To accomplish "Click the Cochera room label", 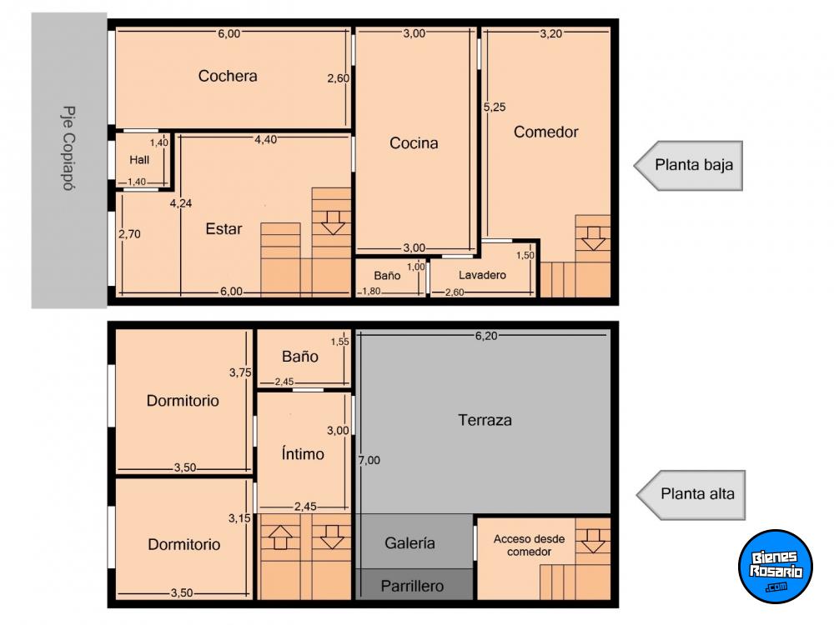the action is click(x=228, y=76).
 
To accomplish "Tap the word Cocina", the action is click(x=414, y=143).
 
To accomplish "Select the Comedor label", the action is click(x=545, y=132).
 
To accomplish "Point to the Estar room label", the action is click(x=224, y=229).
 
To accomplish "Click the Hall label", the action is click(x=139, y=159).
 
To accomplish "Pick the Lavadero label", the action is click(x=482, y=275).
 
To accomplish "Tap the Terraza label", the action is click(x=485, y=420).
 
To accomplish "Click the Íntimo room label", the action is click(x=303, y=453).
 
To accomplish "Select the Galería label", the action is click(x=410, y=542).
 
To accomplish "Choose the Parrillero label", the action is click(x=412, y=586).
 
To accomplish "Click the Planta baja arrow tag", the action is click(x=688, y=165).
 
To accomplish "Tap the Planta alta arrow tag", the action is click(x=691, y=494).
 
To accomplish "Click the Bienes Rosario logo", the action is click(x=776, y=567).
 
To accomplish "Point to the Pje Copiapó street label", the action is click(x=68, y=148).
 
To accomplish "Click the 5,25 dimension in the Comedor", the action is click(x=495, y=107).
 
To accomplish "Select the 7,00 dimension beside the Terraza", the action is click(x=369, y=460).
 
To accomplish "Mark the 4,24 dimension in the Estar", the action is click(x=181, y=203).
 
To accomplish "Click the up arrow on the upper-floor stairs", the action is click(x=281, y=537).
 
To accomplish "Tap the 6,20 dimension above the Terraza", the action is click(x=486, y=336).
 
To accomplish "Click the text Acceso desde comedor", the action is click(x=530, y=545).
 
